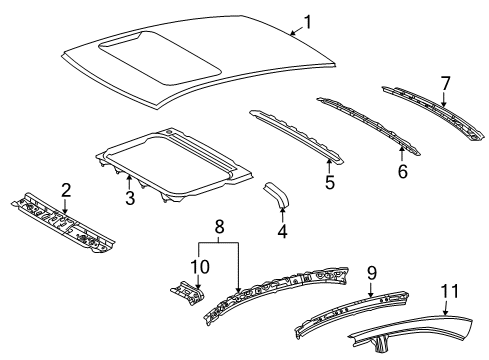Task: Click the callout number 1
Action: coord(308,21)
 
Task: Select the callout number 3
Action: coord(129,199)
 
